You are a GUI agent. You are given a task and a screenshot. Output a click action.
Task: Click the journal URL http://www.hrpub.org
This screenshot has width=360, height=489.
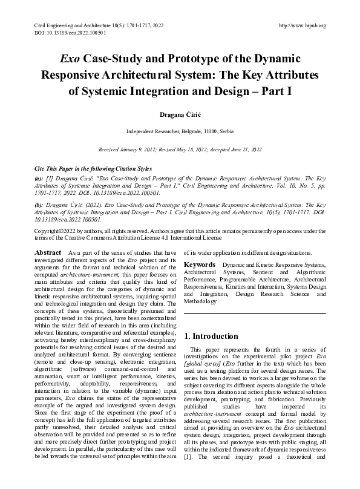[x=303, y=25]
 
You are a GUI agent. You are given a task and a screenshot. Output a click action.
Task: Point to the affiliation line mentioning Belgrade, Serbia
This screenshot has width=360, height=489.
[x=180, y=131]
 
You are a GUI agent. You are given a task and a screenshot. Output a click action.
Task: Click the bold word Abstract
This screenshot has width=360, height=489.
[x=48, y=251]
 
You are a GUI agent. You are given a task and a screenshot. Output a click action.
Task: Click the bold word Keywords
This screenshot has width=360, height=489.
[x=200, y=264]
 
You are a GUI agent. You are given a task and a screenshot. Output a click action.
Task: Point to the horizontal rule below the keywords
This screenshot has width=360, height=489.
[x=254, y=313]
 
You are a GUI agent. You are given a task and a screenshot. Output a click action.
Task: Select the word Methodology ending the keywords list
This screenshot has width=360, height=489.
[x=201, y=301]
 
